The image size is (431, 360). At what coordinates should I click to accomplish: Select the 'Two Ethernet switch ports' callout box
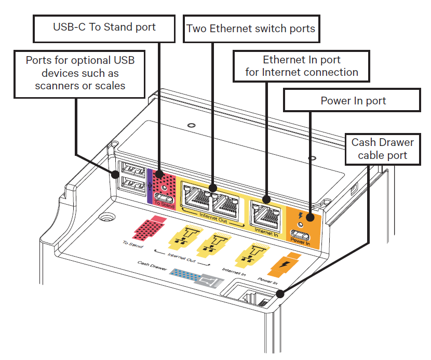click(251, 28)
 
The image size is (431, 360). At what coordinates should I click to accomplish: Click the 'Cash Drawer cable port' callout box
click(382, 149)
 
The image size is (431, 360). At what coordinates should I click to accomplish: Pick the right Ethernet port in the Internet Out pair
click(227, 199)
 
